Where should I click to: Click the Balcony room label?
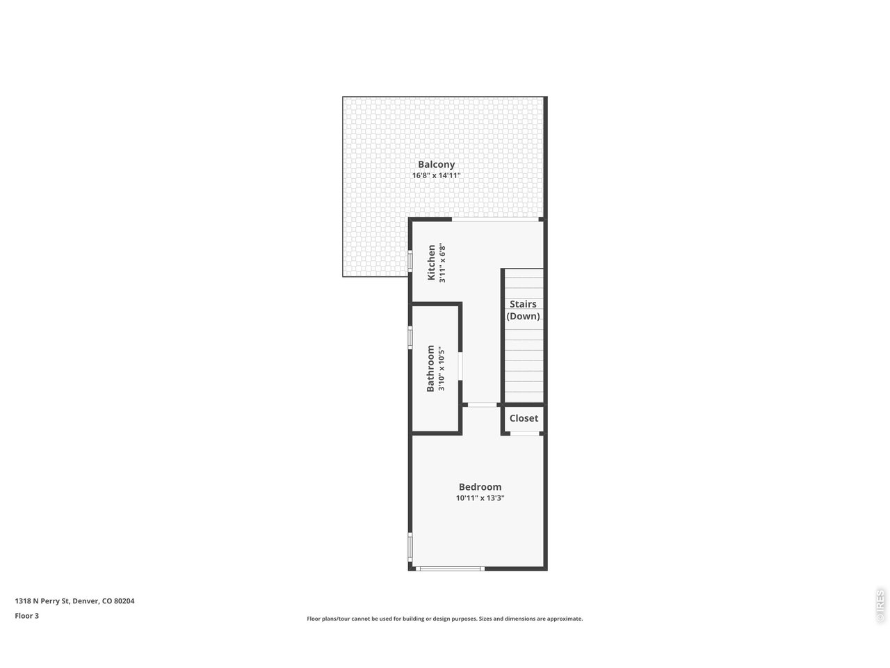[436, 165]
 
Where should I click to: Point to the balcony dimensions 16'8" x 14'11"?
[436, 176]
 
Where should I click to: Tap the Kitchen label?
[431, 262]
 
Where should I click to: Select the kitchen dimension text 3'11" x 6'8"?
[442, 262]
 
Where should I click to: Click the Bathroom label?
[430, 368]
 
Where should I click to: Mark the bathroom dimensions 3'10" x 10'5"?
[442, 368]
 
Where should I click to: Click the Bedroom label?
[480, 487]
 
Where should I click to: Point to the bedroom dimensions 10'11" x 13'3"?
[480, 498]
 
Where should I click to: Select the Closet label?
[524, 418]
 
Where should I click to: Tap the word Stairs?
[523, 304]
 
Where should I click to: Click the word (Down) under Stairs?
[523, 316]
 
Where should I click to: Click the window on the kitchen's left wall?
[410, 261]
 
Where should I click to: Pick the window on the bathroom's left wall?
[410, 337]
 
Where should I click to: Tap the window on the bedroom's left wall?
[410, 546]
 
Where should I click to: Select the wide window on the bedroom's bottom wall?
[450, 568]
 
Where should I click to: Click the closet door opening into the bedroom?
[525, 434]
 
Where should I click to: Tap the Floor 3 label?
[27, 616]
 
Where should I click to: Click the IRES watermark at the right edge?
[880, 605]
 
